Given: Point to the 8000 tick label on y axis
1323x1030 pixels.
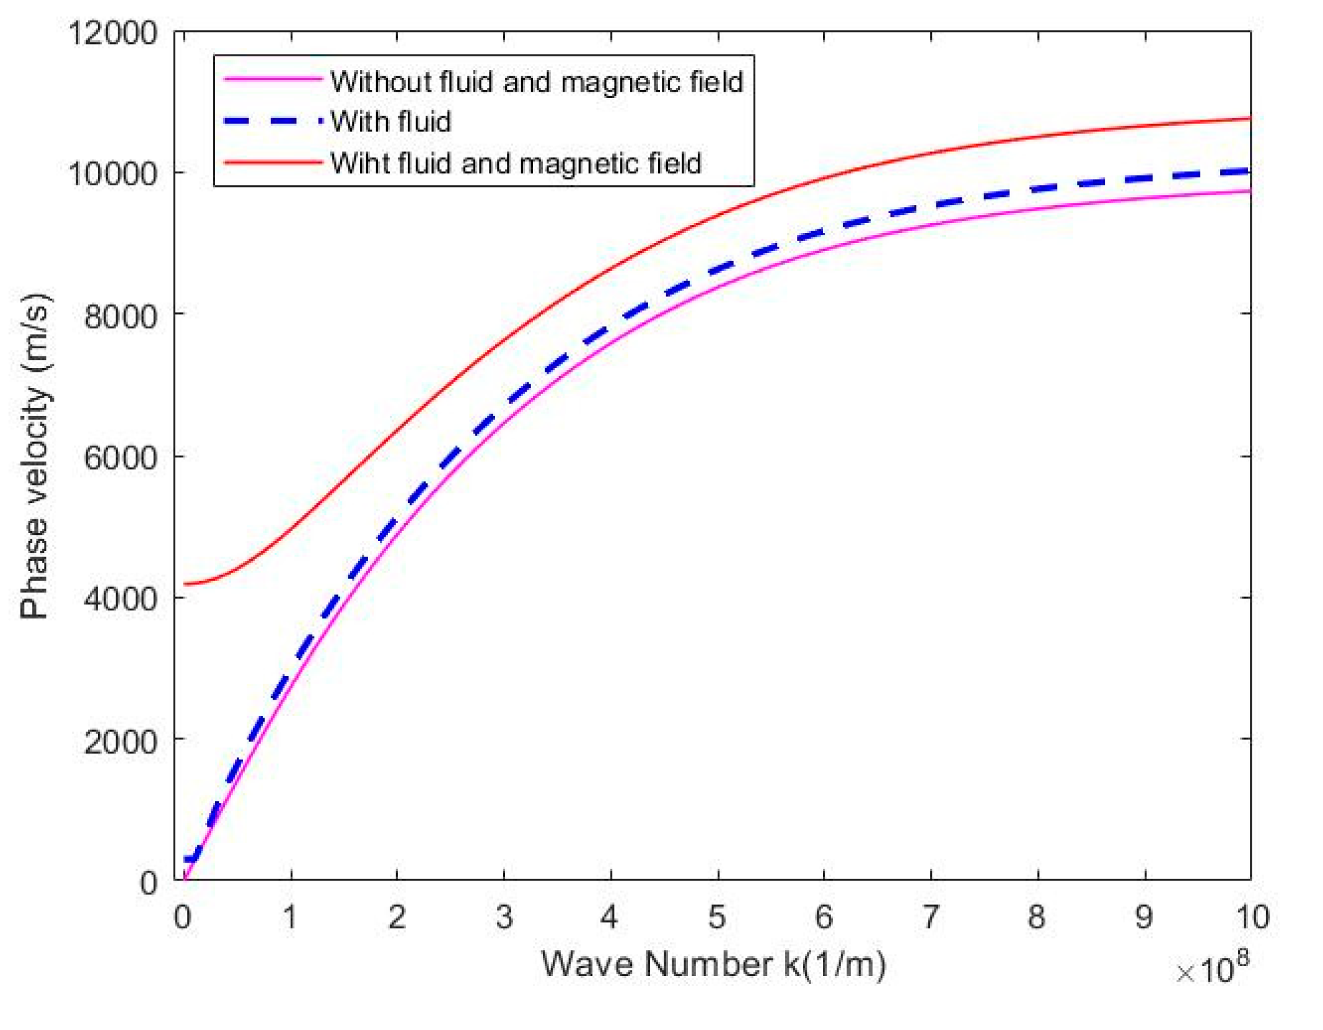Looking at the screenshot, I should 120,316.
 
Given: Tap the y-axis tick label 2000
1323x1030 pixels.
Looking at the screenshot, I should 120,741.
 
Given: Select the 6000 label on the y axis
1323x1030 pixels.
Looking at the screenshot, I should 120,458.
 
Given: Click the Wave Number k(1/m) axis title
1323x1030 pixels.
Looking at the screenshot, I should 713,965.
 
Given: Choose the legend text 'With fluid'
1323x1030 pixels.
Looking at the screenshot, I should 390,121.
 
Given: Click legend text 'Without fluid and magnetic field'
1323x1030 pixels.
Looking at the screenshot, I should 537,82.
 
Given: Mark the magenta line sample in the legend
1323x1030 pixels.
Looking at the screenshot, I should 273,79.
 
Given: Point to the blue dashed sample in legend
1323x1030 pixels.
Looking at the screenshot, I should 273,121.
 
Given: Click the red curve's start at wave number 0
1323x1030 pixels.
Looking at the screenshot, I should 185,583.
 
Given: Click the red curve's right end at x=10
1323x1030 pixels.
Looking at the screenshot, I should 1249,118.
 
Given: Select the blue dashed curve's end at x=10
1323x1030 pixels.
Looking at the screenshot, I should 1249,171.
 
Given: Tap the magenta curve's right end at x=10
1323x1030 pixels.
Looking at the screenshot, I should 1249,191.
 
